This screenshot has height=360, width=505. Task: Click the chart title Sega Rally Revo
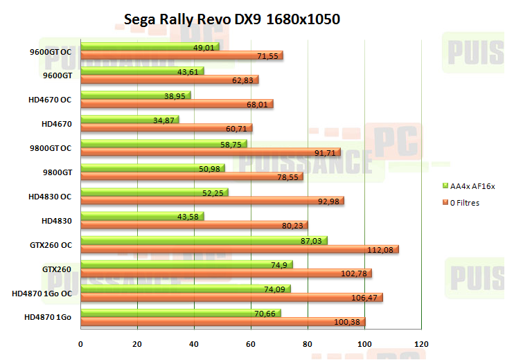click(x=232, y=19)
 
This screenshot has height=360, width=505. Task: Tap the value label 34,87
click(x=163, y=120)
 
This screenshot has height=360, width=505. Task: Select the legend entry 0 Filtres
click(x=470, y=203)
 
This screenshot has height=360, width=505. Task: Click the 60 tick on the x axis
click(x=251, y=343)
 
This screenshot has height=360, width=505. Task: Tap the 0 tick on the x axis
click(x=80, y=343)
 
